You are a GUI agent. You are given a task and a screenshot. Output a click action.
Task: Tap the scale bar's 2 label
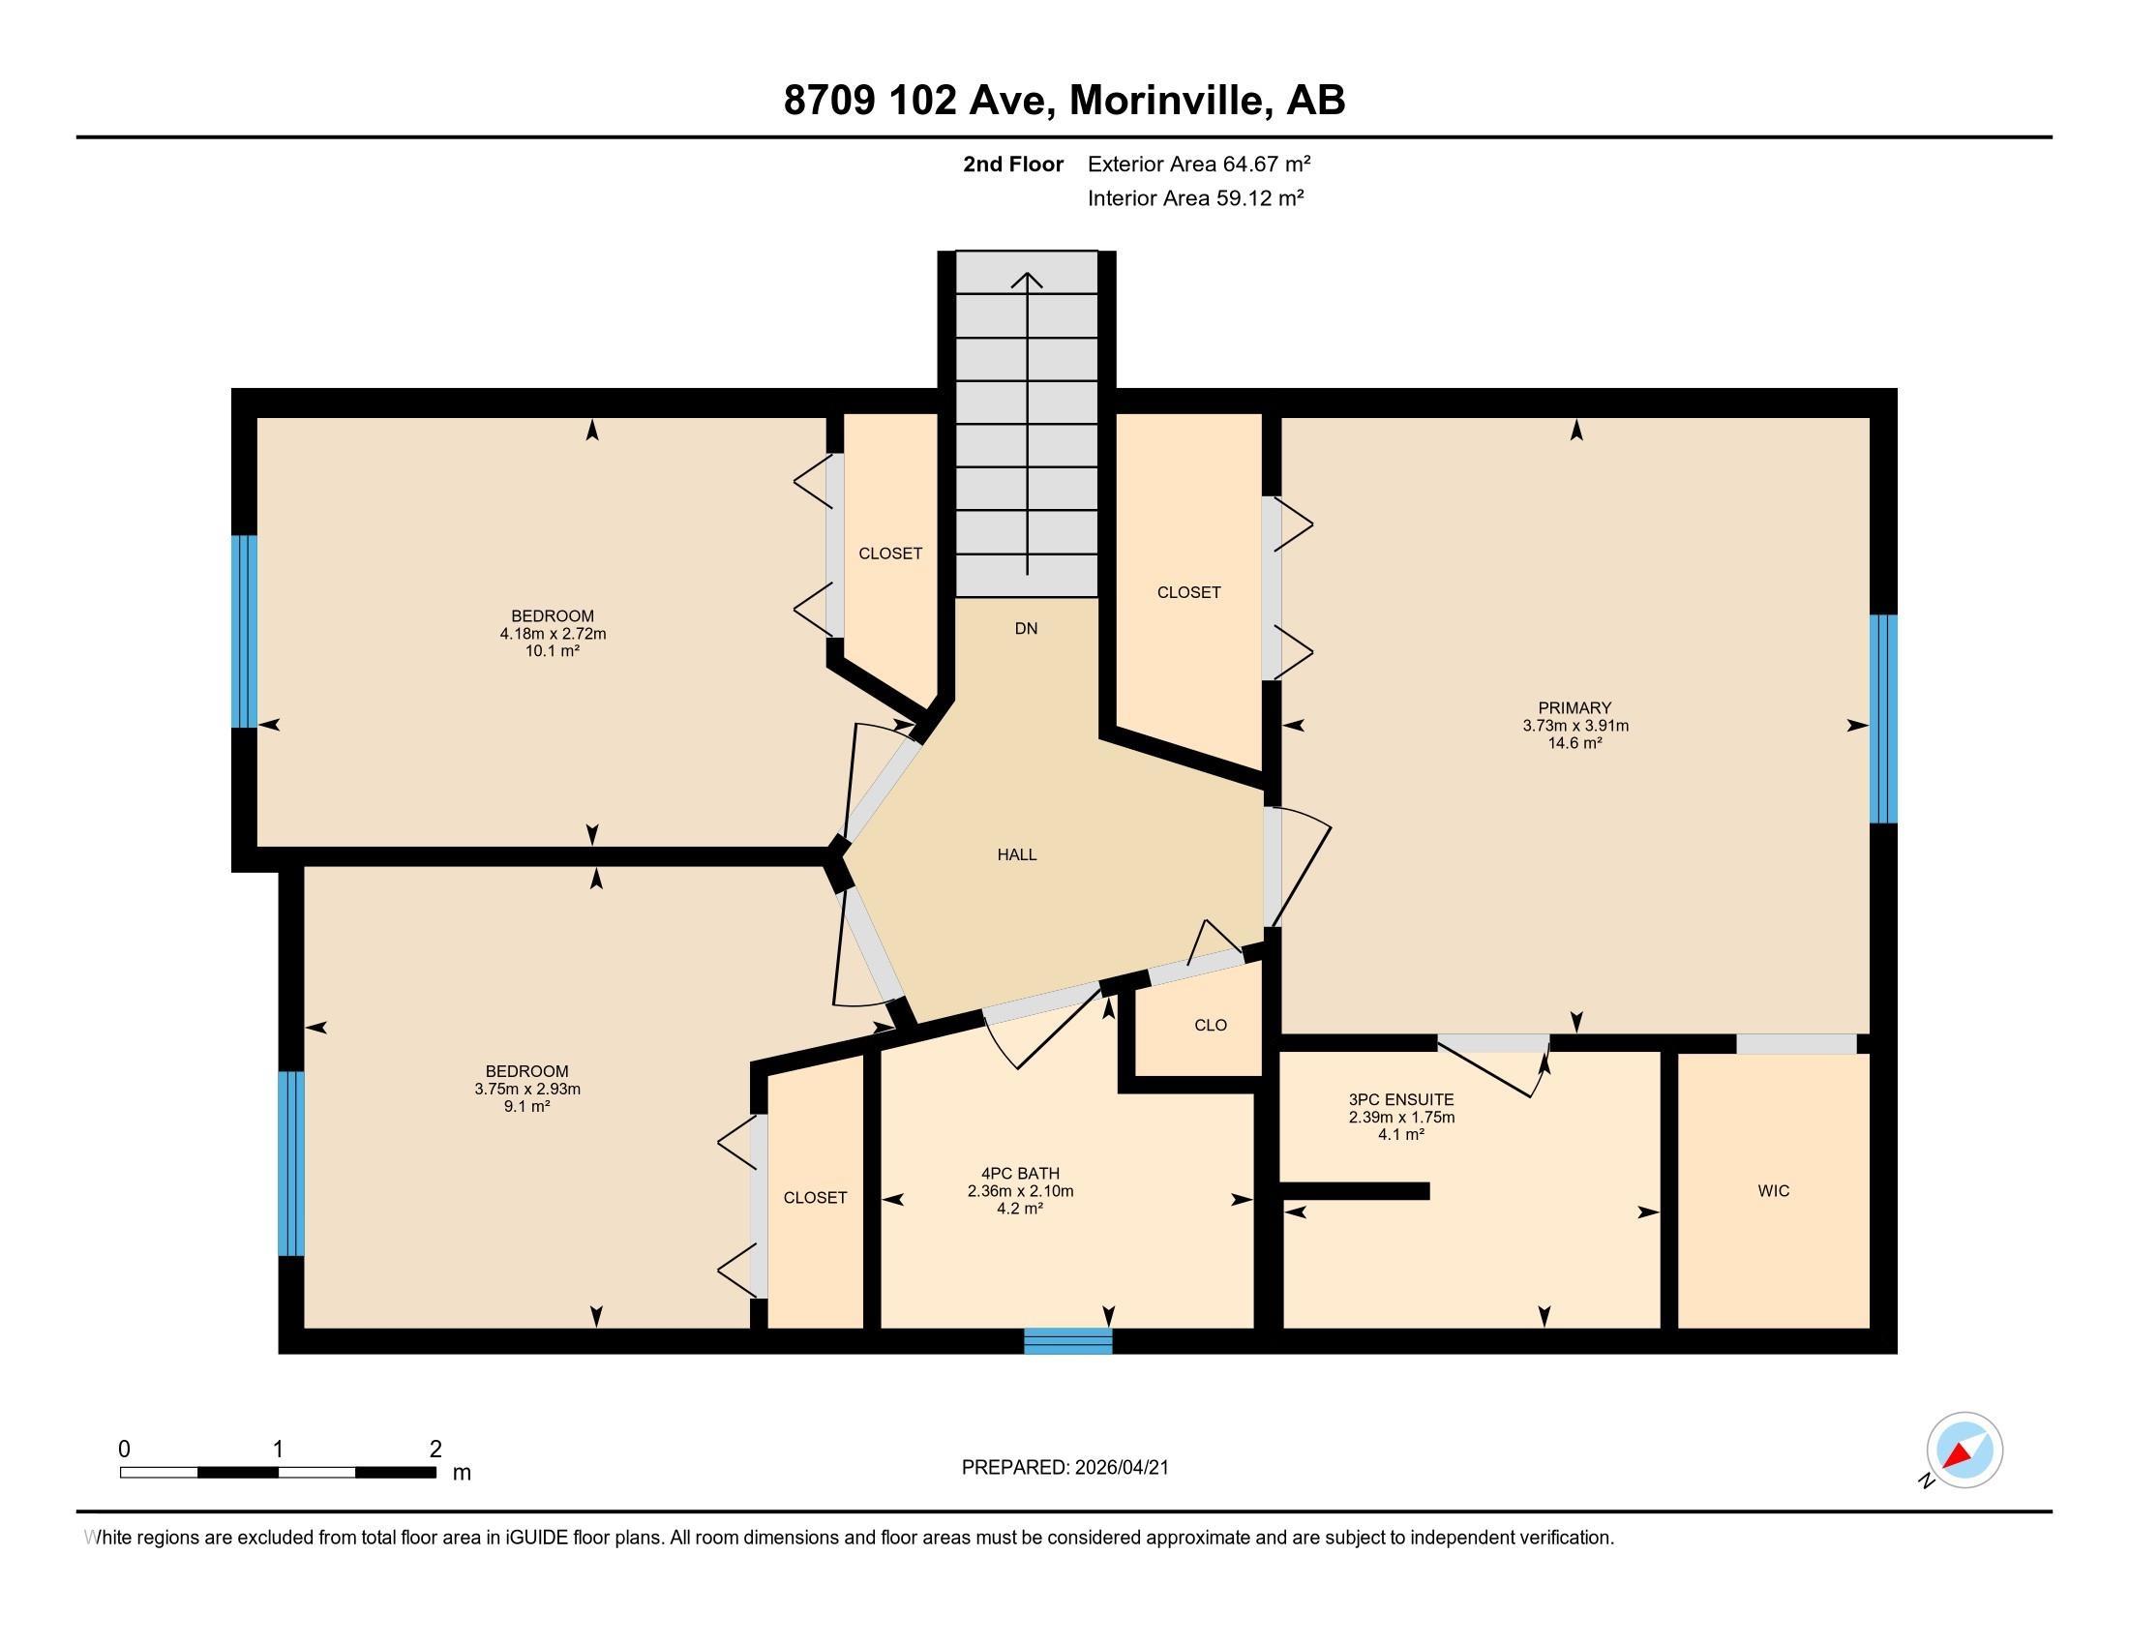pos(435,1449)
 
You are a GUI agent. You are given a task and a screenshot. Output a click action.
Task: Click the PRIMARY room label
pos(1574,707)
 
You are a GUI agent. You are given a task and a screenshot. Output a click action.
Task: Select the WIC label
pos(1773,1191)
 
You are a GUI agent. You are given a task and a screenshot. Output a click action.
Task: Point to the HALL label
pos(1017,854)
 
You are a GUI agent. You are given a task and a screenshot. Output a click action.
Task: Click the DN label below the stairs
pos(1026,629)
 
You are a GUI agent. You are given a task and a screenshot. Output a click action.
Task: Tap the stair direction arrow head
pos(1027,281)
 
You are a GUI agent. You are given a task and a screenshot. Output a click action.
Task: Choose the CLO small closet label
pos(1210,1025)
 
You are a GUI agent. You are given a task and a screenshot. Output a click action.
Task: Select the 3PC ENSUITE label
pos(1401,1099)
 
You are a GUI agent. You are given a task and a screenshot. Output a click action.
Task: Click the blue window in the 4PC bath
pos(1067,1341)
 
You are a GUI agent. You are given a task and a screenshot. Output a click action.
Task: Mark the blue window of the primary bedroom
pos(1883,718)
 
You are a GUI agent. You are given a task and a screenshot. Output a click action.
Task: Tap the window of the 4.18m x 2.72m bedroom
pos(245,632)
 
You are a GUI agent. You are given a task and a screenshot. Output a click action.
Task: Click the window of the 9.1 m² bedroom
pos(290,1163)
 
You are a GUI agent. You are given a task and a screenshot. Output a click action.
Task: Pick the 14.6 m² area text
pos(1574,742)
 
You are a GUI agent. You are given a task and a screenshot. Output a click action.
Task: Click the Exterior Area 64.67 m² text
pos(1198,164)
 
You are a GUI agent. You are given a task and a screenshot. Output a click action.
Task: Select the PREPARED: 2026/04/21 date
pos(1064,1468)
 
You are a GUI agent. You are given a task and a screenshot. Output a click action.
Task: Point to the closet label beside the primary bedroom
pos(1188,592)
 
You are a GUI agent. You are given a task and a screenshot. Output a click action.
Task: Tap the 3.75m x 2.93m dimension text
pos(527,1089)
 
